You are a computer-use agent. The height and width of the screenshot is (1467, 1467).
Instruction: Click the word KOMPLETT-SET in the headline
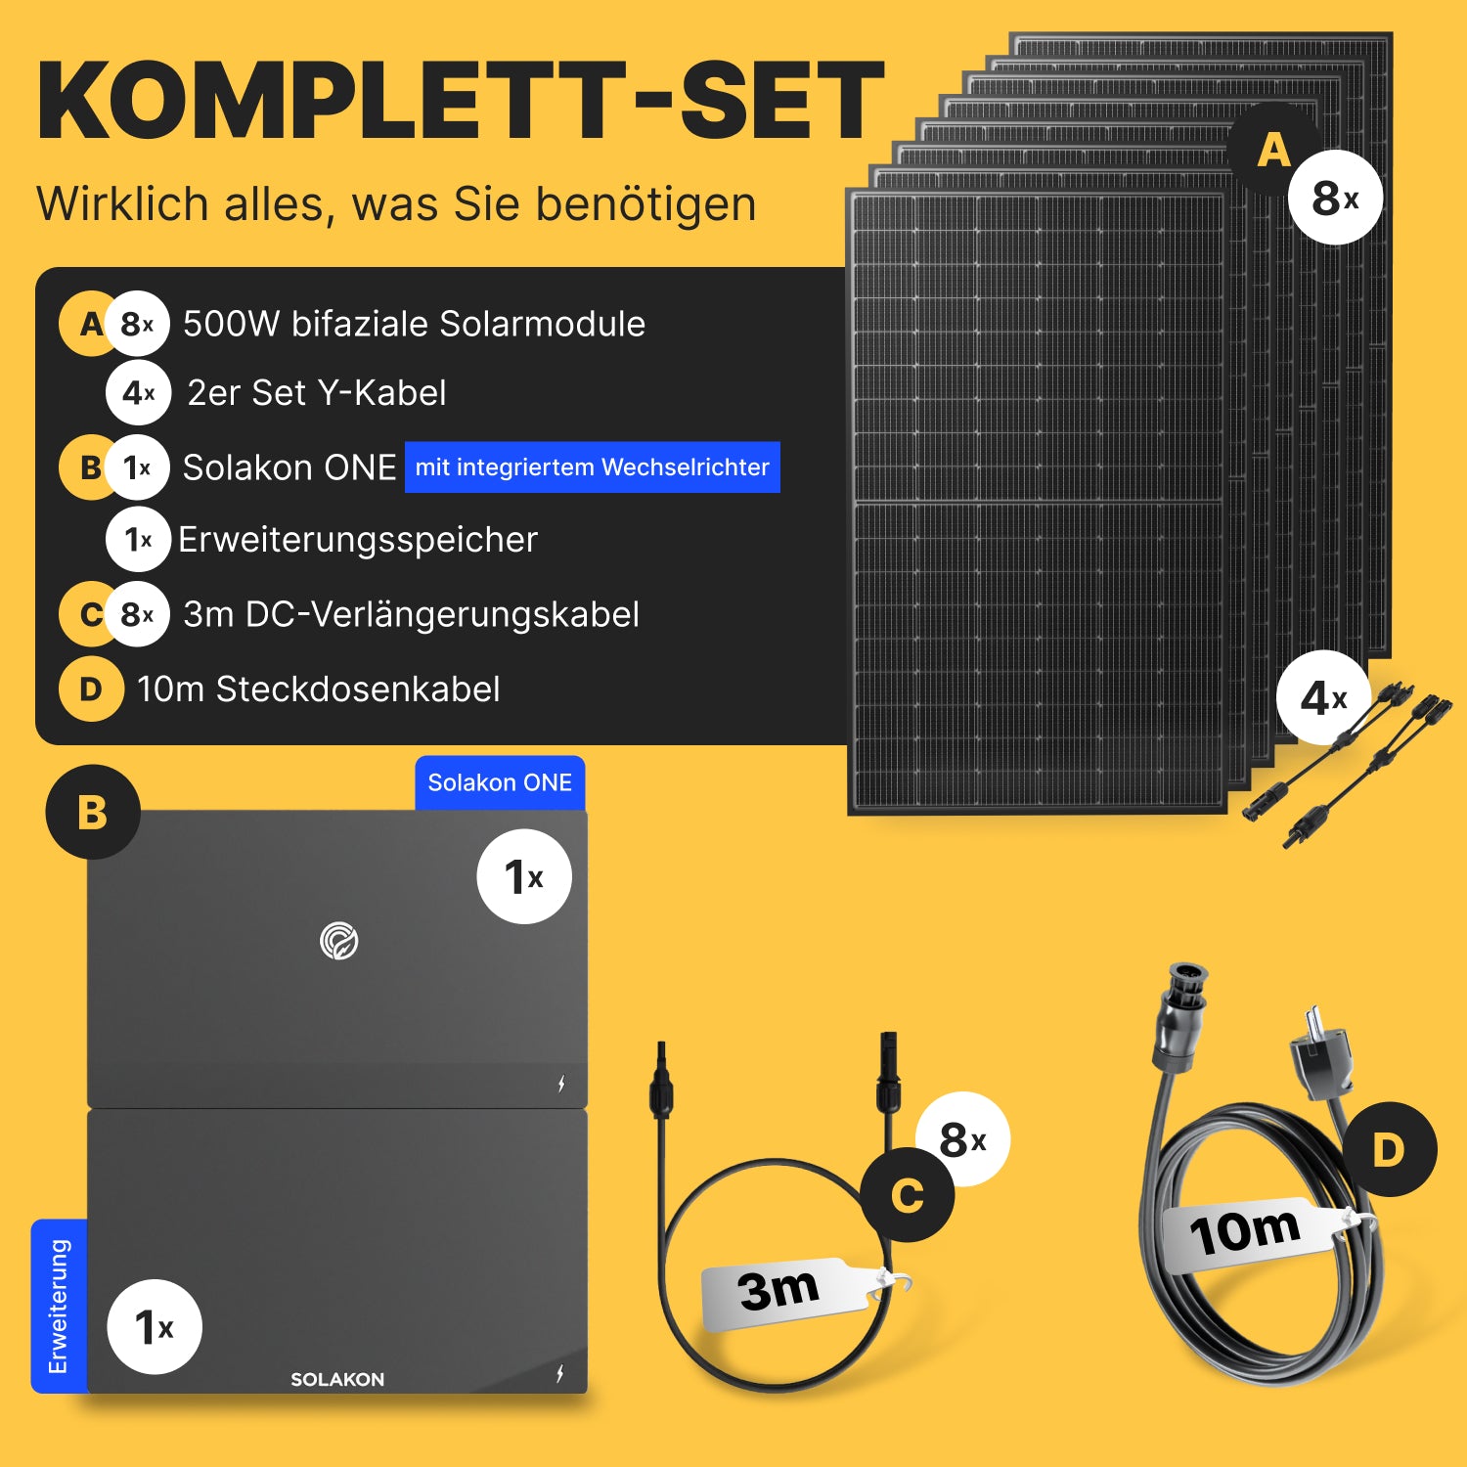tap(461, 101)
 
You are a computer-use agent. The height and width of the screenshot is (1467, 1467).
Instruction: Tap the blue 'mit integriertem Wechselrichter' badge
tap(593, 467)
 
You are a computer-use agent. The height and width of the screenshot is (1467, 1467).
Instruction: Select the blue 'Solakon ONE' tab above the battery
tap(500, 783)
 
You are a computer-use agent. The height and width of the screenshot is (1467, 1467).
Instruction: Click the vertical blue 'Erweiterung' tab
tap(59, 1306)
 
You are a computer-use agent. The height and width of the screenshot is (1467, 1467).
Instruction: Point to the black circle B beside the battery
tap(93, 812)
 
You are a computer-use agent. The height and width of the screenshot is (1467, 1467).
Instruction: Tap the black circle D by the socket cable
tap(1389, 1149)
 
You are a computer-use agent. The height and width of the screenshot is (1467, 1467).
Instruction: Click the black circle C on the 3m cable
tap(908, 1195)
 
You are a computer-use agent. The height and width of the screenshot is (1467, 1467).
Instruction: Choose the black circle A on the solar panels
tap(1274, 150)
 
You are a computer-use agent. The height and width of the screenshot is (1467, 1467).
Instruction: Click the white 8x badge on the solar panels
tap(1335, 198)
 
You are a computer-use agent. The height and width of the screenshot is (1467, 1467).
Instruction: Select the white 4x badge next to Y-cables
tap(1323, 698)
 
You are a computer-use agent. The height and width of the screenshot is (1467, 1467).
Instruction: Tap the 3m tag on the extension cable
tap(787, 1292)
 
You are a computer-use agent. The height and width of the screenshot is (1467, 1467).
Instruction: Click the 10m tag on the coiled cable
tap(1252, 1233)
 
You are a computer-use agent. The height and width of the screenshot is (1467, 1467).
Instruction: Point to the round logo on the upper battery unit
tap(339, 941)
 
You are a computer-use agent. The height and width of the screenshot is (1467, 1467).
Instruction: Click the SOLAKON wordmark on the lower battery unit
tap(337, 1379)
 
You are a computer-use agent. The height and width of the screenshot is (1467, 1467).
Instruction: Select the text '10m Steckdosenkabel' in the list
tap(319, 689)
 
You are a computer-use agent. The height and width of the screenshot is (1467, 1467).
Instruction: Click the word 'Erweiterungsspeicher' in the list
tap(358, 540)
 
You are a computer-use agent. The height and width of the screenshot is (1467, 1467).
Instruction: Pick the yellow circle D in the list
tap(91, 689)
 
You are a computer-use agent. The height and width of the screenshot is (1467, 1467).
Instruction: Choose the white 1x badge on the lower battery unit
tap(155, 1327)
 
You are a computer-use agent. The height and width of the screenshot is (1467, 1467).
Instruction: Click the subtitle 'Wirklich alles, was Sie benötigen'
tap(396, 204)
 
